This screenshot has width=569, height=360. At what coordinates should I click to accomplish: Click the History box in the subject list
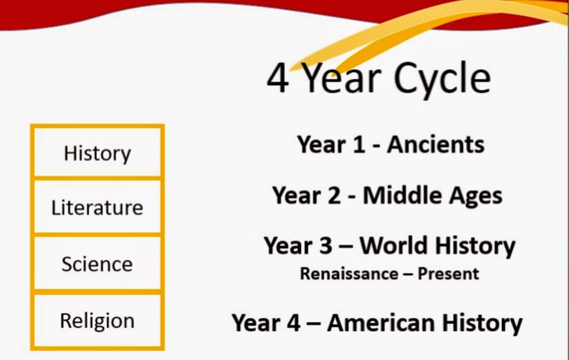pos(97,152)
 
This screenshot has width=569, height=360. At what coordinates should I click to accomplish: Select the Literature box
pos(97,207)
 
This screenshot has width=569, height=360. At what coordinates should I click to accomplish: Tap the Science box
pos(97,263)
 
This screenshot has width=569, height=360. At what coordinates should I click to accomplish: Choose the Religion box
pos(97,321)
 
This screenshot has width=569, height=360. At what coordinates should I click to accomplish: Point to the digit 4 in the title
pos(278,78)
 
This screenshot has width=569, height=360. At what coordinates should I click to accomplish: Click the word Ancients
pos(436,144)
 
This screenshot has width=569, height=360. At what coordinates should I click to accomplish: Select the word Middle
pos(402,195)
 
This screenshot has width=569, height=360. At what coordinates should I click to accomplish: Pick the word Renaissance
pos(348,274)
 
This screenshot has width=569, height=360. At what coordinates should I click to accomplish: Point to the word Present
pos(448,274)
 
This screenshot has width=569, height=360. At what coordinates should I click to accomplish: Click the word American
pos(381,323)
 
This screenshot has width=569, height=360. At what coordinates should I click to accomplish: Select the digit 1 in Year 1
pos(358,144)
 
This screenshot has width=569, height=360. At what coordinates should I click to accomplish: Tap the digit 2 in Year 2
pos(334,196)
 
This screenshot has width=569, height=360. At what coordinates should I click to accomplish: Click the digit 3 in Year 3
pos(325,246)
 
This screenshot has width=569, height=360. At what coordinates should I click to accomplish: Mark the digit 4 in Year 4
pos(293,323)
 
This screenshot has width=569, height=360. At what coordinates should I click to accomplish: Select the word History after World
pos(476,247)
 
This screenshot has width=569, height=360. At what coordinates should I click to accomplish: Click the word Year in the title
pos(341,78)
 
